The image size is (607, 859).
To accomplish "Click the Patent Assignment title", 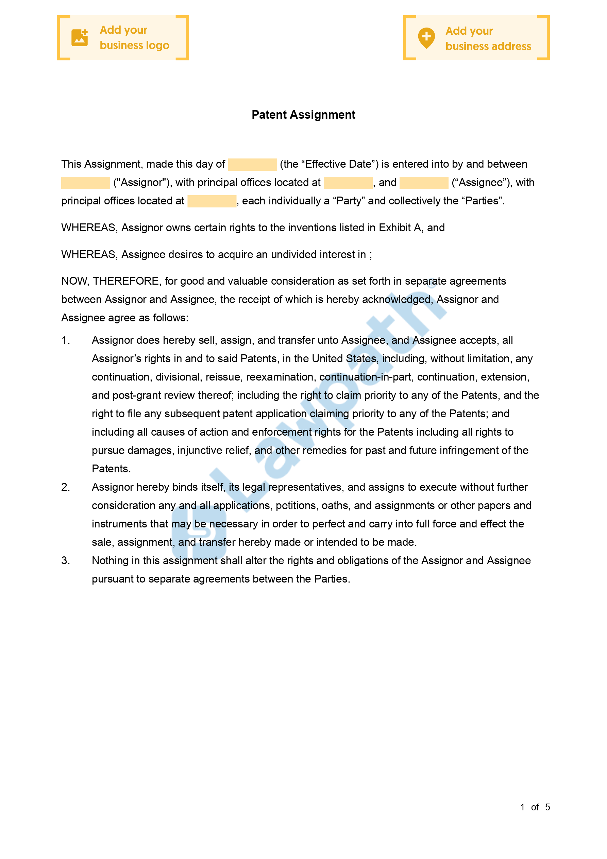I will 303,115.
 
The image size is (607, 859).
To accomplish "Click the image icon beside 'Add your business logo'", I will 80,38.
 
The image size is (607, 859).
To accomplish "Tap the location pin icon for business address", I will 426,38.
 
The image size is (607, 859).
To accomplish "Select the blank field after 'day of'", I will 252,164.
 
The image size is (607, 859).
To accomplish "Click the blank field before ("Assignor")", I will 85,183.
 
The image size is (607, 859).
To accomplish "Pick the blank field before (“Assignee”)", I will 424,183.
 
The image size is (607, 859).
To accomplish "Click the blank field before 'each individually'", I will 212,201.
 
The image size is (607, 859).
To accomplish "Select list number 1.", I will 66,340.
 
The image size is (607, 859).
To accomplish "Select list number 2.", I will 66,487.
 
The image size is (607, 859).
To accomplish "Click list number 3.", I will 66,560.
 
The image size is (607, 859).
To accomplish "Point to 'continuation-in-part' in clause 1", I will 365,377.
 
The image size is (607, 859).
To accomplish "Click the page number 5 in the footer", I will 547,807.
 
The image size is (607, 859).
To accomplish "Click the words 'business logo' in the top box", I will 134,45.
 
